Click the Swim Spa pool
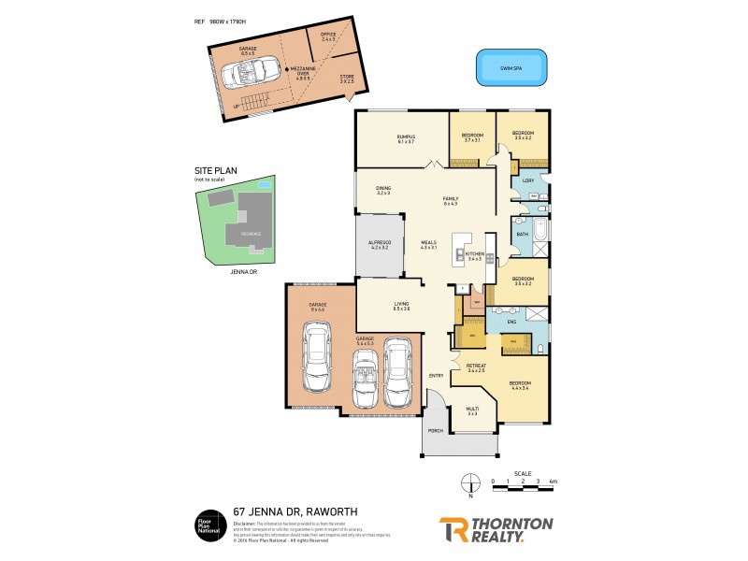click(x=511, y=67)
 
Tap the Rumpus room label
click(x=405, y=137)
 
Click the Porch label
click(x=435, y=430)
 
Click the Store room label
click(x=347, y=79)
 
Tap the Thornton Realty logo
click(x=496, y=528)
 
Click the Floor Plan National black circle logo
click(x=209, y=524)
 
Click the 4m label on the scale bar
click(x=553, y=482)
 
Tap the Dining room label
click(x=383, y=190)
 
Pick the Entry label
click(x=436, y=376)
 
